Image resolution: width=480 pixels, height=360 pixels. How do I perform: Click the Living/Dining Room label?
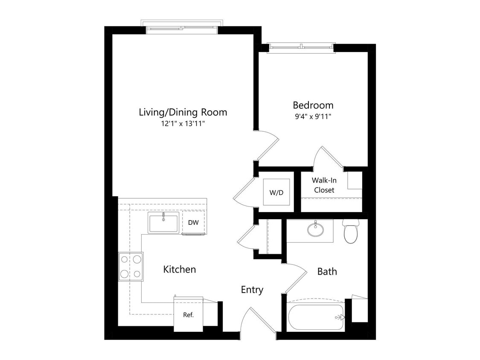183,113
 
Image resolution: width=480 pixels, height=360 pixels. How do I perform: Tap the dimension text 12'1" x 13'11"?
183,124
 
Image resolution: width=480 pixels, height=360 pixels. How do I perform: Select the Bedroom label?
313,105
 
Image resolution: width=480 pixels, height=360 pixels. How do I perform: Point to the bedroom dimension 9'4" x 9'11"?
312,116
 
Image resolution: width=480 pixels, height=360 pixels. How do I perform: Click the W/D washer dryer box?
276,192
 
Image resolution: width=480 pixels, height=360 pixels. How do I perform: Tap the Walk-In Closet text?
324,185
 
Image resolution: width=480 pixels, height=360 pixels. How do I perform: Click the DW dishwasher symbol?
193,222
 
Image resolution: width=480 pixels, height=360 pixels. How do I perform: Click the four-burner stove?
131,266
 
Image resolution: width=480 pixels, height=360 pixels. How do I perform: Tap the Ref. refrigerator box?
188,315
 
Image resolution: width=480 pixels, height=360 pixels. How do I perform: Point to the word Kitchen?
180,270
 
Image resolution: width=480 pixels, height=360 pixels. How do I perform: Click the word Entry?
252,290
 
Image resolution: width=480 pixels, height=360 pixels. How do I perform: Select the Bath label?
327,271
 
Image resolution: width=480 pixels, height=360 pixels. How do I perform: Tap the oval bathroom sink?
315,229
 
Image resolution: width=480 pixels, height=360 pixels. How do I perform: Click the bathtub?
315,317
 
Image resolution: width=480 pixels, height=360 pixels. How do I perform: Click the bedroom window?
301,48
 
